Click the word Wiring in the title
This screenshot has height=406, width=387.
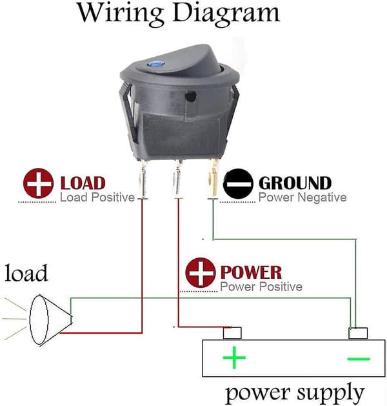(x=121, y=14)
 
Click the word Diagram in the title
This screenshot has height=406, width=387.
(x=226, y=14)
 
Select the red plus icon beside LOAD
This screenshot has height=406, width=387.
(x=38, y=183)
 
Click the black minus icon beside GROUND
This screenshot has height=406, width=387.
(x=238, y=183)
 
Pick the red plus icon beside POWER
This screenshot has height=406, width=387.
(x=201, y=272)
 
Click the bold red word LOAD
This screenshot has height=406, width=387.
(x=83, y=183)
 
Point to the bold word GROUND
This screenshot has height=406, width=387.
(x=295, y=183)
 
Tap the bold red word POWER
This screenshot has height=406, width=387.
(x=251, y=272)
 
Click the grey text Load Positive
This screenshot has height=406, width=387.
(x=97, y=198)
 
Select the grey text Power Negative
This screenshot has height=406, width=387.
(x=303, y=198)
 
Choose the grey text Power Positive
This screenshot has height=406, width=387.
(x=261, y=287)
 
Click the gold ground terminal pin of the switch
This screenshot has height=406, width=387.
(x=213, y=179)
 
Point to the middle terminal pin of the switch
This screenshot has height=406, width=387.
(x=178, y=179)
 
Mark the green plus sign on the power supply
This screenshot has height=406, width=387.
(x=234, y=358)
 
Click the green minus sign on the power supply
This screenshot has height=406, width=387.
(x=359, y=359)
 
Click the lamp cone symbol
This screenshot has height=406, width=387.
(x=51, y=320)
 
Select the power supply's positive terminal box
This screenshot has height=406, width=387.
(x=232, y=332)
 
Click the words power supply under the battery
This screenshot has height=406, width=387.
(x=295, y=392)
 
